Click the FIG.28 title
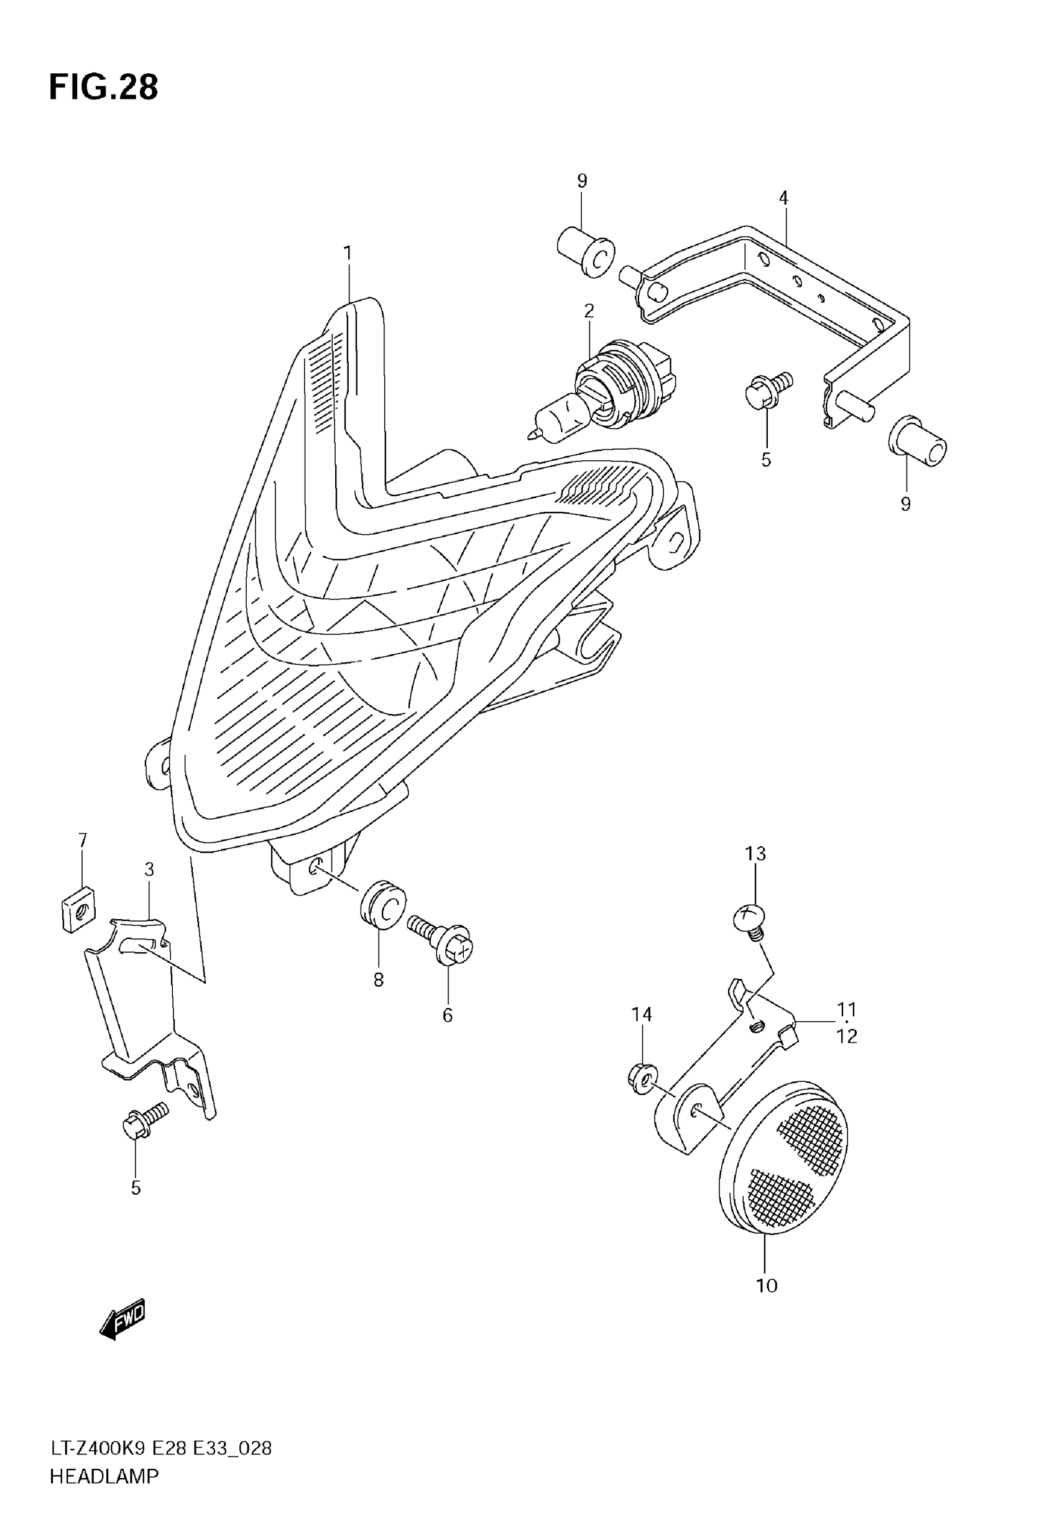(x=103, y=88)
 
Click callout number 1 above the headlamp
(x=347, y=254)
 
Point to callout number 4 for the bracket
(x=783, y=197)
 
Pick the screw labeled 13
(x=750, y=920)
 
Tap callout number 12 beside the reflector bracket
(x=847, y=1037)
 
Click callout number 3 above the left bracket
(x=149, y=869)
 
